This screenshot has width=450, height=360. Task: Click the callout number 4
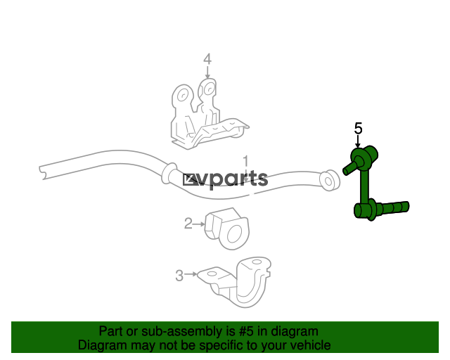coord(207,60)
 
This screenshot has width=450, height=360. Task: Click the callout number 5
coord(358,129)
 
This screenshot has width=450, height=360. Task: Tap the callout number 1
coord(245,162)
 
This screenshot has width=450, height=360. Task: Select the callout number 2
coord(188,224)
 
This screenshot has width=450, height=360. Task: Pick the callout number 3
coord(179,276)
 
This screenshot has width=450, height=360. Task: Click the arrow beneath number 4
coord(207,72)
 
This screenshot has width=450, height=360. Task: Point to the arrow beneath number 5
coord(358,141)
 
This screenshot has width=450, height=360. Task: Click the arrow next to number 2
coord(198,224)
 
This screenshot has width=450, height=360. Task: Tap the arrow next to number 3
coord(191,274)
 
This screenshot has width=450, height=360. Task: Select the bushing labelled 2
coord(227,229)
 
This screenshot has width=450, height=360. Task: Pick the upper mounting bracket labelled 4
coord(207,115)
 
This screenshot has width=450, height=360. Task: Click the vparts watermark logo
coord(225,180)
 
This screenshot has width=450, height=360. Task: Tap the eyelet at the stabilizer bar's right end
coord(330,181)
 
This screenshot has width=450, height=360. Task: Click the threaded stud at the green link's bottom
coord(392,207)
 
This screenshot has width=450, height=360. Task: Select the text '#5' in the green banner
coord(245,332)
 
